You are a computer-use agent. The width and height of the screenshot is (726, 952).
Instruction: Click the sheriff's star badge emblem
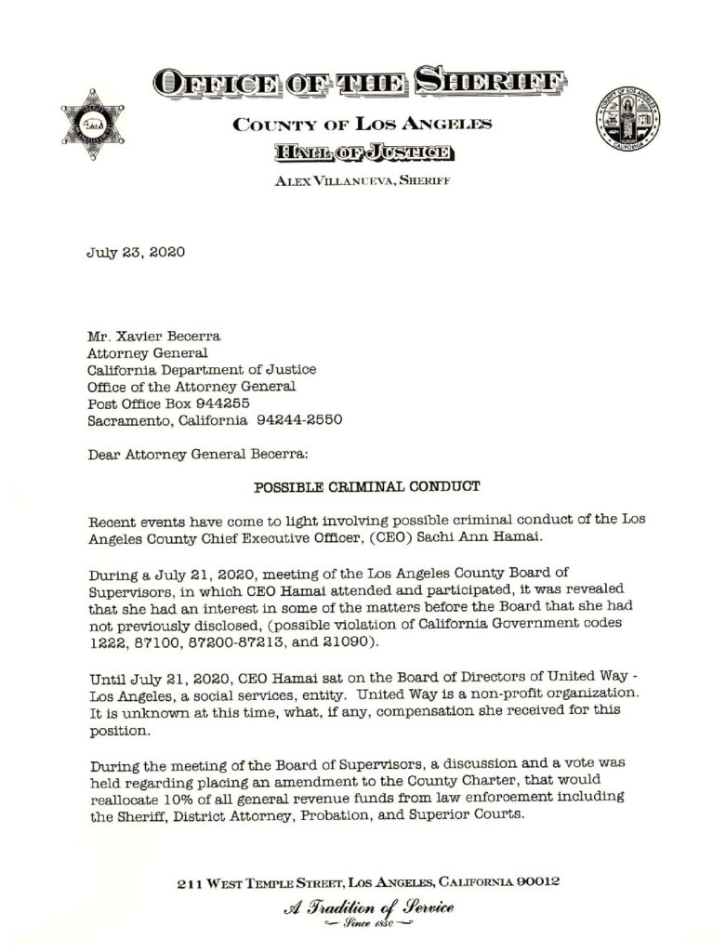click(x=93, y=124)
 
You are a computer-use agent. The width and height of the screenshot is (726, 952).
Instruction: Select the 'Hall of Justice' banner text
click(x=363, y=152)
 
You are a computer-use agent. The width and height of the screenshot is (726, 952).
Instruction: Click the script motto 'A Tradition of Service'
click(x=368, y=907)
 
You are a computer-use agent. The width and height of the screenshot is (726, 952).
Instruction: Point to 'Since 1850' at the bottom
click(x=368, y=926)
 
